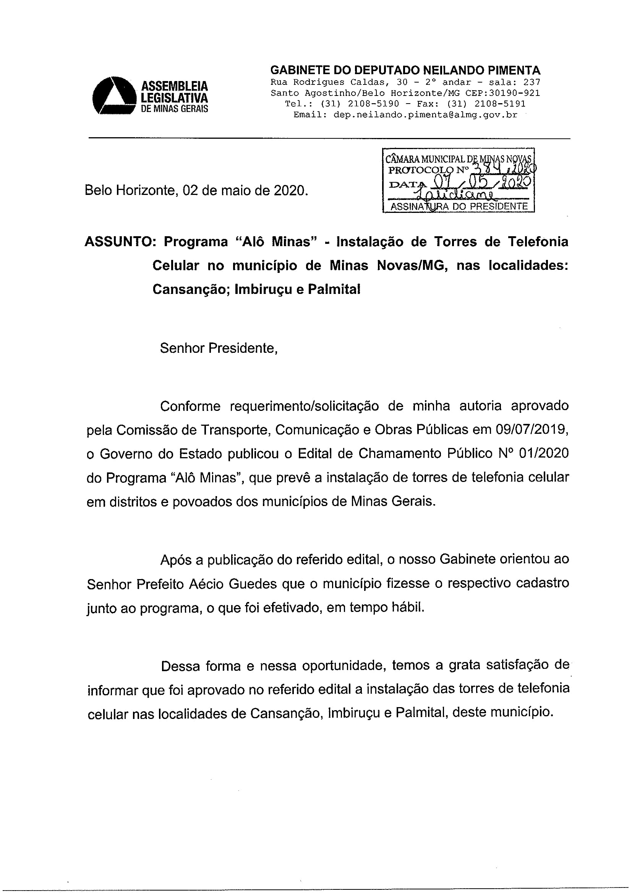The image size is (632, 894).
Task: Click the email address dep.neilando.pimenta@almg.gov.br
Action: pos(425,115)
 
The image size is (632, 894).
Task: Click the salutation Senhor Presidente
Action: pos(218,348)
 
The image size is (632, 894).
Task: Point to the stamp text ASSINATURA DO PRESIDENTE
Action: pos(459,206)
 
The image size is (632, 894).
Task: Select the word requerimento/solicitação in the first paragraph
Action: pos(304,406)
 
